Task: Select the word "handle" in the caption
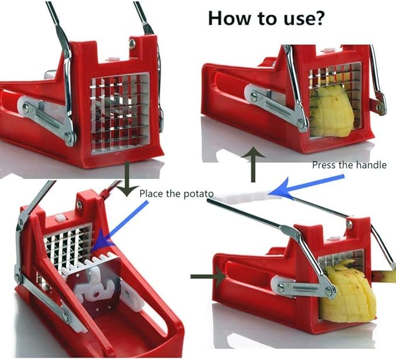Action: pyautogui.click(x=371, y=165)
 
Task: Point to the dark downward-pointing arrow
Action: pyautogui.click(x=127, y=179)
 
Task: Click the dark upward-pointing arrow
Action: pyautogui.click(x=253, y=165)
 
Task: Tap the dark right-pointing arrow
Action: pyautogui.click(x=208, y=277)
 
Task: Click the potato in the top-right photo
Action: pyautogui.click(x=332, y=112)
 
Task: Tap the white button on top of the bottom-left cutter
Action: pyautogui.click(x=61, y=218)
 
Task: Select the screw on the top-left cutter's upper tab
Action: pyautogui.click(x=132, y=43)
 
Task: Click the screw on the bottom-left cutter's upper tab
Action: pyautogui.click(x=79, y=205)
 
